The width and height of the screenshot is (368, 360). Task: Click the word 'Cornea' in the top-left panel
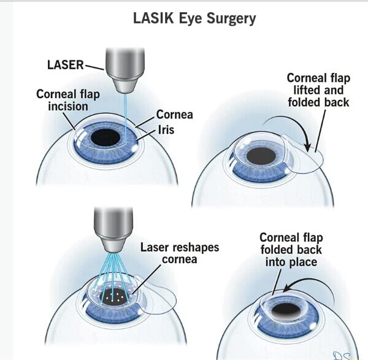[x=174, y=115]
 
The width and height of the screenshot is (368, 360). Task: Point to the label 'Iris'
[x=166, y=129]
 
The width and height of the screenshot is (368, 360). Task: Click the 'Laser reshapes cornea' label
[x=179, y=253]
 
